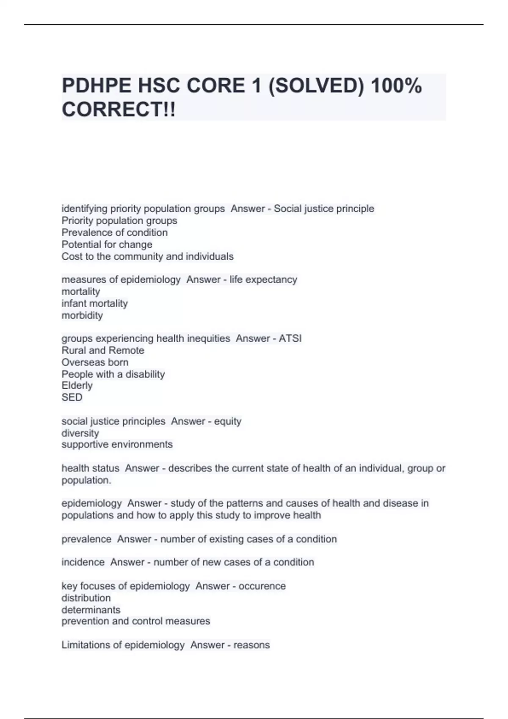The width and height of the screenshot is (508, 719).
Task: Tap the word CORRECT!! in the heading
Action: click(x=119, y=110)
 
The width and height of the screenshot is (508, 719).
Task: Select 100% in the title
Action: click(x=396, y=86)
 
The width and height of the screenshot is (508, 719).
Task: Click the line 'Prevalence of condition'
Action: click(x=114, y=233)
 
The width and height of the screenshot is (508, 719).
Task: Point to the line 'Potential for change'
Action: click(x=107, y=244)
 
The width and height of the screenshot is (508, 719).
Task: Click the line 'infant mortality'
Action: click(x=94, y=303)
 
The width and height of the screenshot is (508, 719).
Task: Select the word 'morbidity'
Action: click(x=82, y=315)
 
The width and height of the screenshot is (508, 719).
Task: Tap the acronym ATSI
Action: click(x=290, y=338)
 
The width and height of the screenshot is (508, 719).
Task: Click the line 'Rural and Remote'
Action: click(x=103, y=350)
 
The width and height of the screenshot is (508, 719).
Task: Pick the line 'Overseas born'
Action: click(x=95, y=362)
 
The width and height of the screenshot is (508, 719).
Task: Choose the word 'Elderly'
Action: click(x=77, y=385)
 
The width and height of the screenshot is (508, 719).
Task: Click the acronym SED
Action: click(x=72, y=397)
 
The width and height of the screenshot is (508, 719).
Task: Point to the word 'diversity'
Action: click(x=80, y=433)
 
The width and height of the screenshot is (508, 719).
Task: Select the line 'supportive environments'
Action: click(x=117, y=445)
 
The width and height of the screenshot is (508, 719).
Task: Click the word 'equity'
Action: click(x=227, y=421)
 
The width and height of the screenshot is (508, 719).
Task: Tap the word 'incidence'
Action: click(x=83, y=562)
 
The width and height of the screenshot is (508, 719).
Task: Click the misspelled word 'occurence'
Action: click(x=262, y=586)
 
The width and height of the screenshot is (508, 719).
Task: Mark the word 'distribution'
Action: click(x=86, y=598)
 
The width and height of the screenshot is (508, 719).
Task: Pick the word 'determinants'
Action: click(x=91, y=610)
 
